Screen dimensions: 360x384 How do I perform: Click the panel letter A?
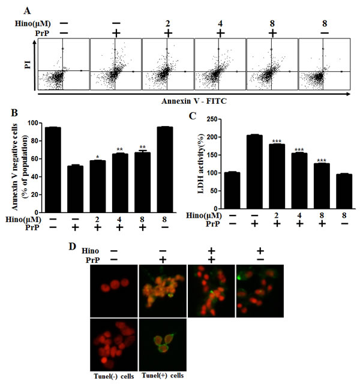click(27, 11)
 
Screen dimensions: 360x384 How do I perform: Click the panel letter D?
click(73, 247)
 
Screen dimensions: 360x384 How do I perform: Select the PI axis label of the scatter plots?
click(28, 65)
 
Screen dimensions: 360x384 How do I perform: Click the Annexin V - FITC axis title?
click(194, 101)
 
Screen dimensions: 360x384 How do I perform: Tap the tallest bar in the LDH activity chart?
click(254, 172)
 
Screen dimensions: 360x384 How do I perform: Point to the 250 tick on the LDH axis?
click(212, 119)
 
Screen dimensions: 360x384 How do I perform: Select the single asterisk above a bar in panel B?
click(97, 157)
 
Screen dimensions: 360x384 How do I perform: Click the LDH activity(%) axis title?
click(201, 164)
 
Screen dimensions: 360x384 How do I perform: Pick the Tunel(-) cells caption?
click(114, 376)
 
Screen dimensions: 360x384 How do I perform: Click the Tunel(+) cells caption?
click(163, 376)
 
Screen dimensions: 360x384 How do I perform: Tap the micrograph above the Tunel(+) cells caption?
click(163, 344)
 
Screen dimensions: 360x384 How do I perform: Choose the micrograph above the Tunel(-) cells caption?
click(114, 344)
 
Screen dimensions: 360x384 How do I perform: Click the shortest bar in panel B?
click(75, 189)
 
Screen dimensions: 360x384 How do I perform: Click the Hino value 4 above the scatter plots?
click(220, 24)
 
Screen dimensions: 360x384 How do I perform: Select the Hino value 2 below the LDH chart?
click(277, 215)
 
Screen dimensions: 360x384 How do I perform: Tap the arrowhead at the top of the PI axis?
click(35, 42)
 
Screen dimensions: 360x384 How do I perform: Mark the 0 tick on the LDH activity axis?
click(215, 209)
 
